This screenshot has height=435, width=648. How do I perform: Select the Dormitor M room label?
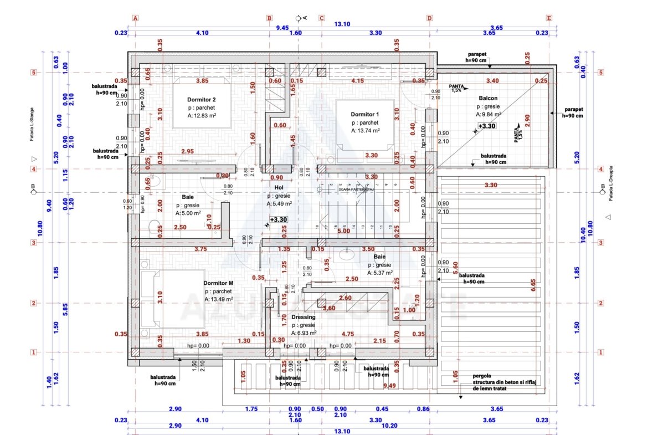218,283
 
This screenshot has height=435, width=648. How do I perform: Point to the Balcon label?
488,98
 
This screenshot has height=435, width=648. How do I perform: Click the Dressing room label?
304,317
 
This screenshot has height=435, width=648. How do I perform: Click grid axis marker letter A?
135,18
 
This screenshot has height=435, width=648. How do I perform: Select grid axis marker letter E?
549,18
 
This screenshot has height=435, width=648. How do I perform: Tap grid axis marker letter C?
321,18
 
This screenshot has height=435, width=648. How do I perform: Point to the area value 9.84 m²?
488,114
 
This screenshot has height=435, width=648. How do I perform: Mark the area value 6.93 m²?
305,333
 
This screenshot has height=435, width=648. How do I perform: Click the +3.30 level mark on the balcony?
486,126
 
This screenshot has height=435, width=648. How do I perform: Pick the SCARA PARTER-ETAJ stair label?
357,189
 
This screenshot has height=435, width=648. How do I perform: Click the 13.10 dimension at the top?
342,24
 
